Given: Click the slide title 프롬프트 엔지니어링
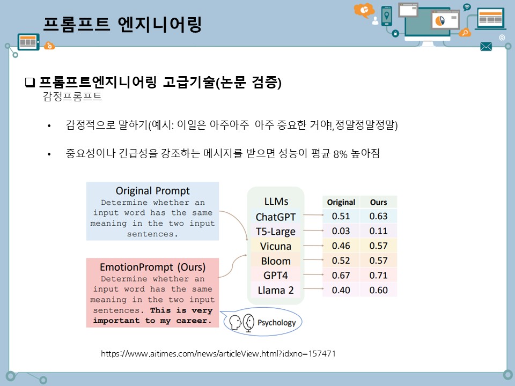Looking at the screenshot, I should click(x=122, y=24).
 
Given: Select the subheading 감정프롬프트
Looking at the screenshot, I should click(x=72, y=97).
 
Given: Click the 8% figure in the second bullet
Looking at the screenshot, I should click(x=340, y=154).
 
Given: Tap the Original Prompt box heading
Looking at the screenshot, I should click(x=152, y=191).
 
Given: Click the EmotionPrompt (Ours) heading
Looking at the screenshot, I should click(x=152, y=266).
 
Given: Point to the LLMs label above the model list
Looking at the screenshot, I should click(x=276, y=202).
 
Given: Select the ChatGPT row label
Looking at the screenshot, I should click(x=276, y=217).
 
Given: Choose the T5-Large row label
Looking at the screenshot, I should click(x=276, y=232).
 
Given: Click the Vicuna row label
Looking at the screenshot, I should click(x=276, y=246).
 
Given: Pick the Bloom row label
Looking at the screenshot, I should click(x=276, y=261).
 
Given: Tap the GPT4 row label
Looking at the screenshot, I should click(x=276, y=276).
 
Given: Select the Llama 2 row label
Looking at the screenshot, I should click(x=276, y=290).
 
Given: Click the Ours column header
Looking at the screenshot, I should click(x=378, y=202).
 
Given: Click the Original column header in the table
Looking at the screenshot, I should click(x=341, y=202).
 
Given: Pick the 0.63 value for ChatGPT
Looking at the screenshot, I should click(x=378, y=217).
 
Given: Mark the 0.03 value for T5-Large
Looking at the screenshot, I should click(x=341, y=231).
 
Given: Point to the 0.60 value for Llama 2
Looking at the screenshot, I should click(x=378, y=290).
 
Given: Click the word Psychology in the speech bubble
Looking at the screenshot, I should click(x=276, y=323).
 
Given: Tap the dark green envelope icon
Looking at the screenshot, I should click(x=486, y=47).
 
